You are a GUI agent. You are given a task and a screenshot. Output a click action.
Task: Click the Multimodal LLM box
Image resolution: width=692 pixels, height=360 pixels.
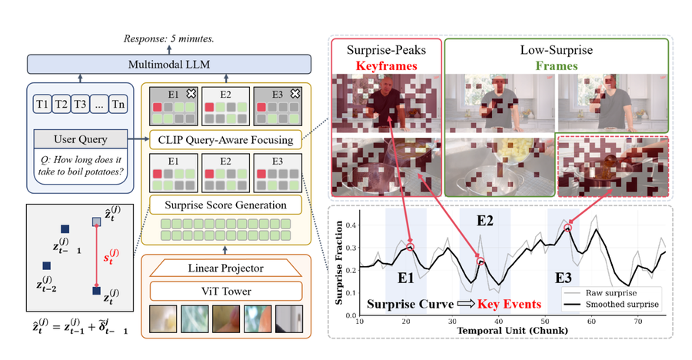169,65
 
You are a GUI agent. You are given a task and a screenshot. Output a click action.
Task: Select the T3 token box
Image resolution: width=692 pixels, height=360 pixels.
80,105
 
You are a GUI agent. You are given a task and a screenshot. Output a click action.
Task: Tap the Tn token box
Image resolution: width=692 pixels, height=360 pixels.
118,105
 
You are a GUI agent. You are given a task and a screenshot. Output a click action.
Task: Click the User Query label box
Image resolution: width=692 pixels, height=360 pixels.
80,139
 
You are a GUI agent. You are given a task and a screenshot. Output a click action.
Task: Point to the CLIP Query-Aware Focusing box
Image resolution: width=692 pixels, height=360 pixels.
225,140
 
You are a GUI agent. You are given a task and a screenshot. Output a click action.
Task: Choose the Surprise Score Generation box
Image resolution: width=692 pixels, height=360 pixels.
225,205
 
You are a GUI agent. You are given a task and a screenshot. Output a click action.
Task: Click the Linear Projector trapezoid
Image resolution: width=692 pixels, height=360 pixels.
225,268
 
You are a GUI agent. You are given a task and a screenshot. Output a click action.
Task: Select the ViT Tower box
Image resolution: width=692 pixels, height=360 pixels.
225,292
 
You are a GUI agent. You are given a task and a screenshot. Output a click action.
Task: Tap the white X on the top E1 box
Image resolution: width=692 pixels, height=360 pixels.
191,93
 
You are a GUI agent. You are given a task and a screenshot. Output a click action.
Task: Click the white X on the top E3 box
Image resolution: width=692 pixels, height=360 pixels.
294,93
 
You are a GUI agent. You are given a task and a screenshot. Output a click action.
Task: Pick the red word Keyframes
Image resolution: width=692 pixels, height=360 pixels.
386,66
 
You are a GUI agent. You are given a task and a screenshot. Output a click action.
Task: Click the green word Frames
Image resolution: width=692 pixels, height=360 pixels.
557,66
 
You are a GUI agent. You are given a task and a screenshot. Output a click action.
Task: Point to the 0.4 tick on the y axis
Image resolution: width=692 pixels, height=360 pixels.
351,225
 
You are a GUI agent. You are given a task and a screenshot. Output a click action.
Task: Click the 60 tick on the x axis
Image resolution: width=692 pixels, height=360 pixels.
591,321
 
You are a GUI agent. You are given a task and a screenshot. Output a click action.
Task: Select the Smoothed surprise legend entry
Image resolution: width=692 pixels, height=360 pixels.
612,305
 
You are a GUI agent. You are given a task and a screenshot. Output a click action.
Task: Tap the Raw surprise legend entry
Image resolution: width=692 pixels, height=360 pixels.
601,293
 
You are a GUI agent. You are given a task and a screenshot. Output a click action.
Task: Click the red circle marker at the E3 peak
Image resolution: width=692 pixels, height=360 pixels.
568,228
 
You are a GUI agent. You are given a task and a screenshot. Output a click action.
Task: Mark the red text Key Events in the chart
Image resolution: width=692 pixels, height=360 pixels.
509,305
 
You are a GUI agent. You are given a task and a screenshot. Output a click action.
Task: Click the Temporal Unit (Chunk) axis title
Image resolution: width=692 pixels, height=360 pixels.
512,331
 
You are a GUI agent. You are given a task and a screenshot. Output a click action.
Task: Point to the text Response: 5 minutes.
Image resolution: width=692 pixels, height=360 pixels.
168,39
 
